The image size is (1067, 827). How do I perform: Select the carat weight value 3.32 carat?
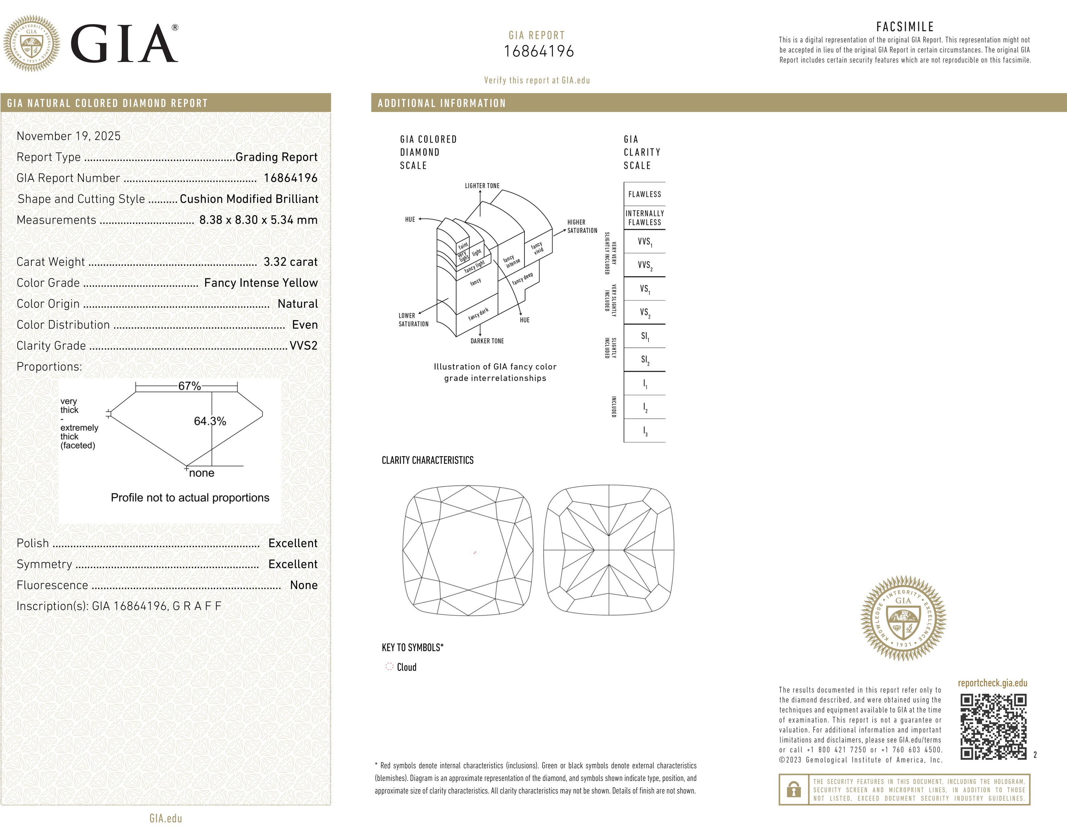pyautogui.click(x=290, y=262)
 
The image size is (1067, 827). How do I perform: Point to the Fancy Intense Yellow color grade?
pyautogui.click(x=260, y=283)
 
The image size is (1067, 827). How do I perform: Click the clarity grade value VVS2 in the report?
pyautogui.click(x=303, y=346)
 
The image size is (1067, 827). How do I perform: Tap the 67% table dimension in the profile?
pyautogui.click(x=189, y=386)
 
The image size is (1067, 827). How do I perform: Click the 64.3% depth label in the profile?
pyautogui.click(x=210, y=421)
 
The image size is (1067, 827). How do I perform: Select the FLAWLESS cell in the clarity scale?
pyautogui.click(x=645, y=194)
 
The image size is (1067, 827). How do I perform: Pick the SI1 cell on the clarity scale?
pyautogui.click(x=645, y=336)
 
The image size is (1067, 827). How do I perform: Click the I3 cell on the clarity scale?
pyautogui.click(x=645, y=431)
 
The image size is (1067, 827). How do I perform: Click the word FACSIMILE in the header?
pyautogui.click(x=905, y=27)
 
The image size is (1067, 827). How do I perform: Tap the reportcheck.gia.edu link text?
pyautogui.click(x=992, y=683)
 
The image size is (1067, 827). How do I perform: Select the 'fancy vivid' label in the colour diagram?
pyautogui.click(x=538, y=248)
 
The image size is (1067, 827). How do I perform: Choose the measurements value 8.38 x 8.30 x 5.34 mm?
pyautogui.click(x=258, y=220)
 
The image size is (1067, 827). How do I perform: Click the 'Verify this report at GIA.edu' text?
pyautogui.click(x=537, y=80)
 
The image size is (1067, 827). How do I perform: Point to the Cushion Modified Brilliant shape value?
pyautogui.click(x=249, y=199)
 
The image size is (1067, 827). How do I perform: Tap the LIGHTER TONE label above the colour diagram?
pyautogui.click(x=482, y=186)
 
